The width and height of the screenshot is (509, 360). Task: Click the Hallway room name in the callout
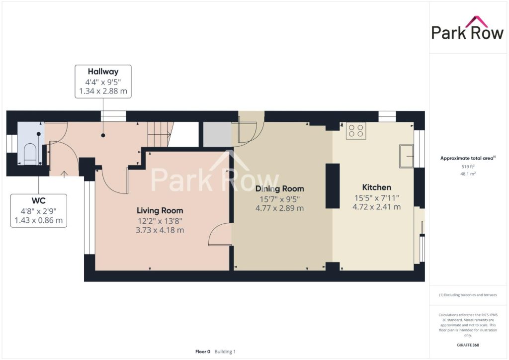point(103,72)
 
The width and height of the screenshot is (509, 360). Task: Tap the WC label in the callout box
point(38,200)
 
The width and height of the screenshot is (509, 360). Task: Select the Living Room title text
point(160,211)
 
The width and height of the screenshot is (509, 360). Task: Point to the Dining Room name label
point(279,188)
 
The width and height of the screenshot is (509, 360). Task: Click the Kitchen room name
point(377,187)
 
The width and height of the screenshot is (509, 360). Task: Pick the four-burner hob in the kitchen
point(356,130)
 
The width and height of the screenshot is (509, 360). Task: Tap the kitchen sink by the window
point(407,156)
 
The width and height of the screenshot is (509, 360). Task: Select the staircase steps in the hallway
point(160,134)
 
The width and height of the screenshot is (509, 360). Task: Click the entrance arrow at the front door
point(64,175)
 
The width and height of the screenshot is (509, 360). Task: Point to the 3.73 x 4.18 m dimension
point(160,230)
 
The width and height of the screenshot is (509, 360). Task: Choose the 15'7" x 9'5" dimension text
point(279,199)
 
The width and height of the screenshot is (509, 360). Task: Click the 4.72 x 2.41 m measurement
point(377,207)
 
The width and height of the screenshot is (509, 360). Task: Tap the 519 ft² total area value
point(468,167)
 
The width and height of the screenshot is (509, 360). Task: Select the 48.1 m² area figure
point(468,174)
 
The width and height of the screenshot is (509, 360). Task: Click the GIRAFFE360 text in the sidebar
point(468,345)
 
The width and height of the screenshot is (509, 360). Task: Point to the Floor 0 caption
point(203,352)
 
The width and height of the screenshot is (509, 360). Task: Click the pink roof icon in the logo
point(477,21)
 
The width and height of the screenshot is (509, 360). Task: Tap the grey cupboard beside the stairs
point(217,134)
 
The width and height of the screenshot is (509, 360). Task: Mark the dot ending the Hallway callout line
point(103,135)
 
